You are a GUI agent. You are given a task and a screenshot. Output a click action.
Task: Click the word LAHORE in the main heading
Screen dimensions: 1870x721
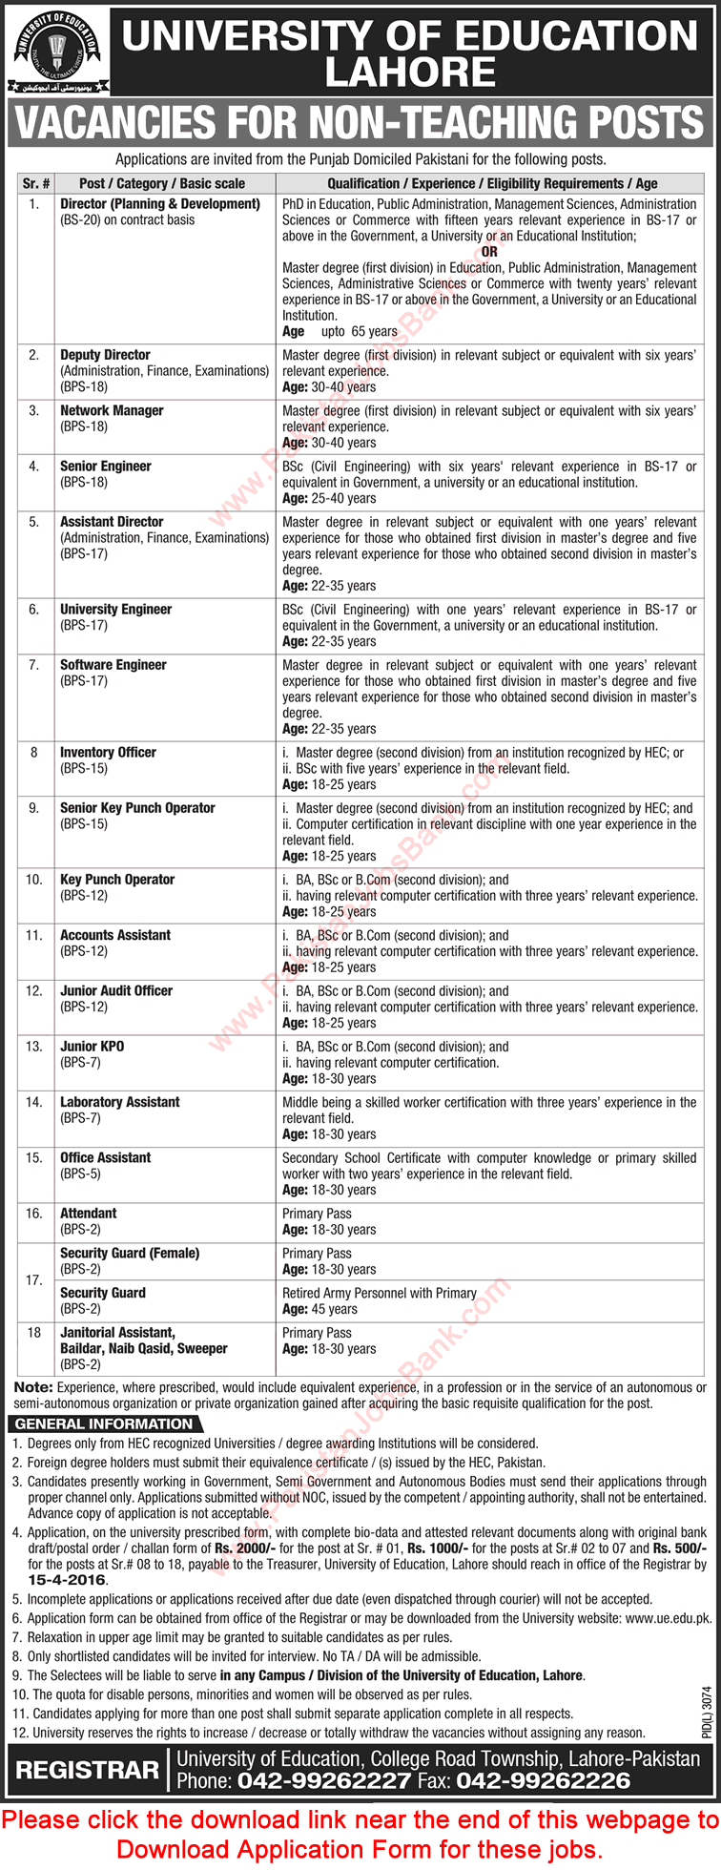coord(410,73)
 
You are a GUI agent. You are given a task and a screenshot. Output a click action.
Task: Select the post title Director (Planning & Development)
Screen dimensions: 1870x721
coord(159,204)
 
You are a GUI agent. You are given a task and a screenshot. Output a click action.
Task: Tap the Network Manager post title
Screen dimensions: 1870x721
coord(112,411)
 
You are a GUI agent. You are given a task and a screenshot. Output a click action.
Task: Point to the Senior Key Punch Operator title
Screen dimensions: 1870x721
coord(137,808)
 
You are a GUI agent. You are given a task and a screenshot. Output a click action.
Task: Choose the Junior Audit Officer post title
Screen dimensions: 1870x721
coord(116,991)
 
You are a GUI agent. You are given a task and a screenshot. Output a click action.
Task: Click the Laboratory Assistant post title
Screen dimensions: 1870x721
coord(119,1102)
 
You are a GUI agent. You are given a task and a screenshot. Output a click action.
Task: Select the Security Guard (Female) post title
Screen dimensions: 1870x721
coord(130,1254)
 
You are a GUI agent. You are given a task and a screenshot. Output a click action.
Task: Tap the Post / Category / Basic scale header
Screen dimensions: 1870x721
coord(162,183)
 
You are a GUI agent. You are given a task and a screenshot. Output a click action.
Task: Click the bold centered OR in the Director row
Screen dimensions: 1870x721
coord(489,252)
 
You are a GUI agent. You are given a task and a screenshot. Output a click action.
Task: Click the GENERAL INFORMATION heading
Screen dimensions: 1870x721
coord(103,1424)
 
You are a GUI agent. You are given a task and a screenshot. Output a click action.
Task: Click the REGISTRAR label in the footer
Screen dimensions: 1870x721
coord(87,1770)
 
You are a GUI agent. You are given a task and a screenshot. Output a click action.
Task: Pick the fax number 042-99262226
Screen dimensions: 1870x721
coord(543,1780)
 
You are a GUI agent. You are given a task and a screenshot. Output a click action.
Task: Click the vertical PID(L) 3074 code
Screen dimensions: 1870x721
coord(706,1714)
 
